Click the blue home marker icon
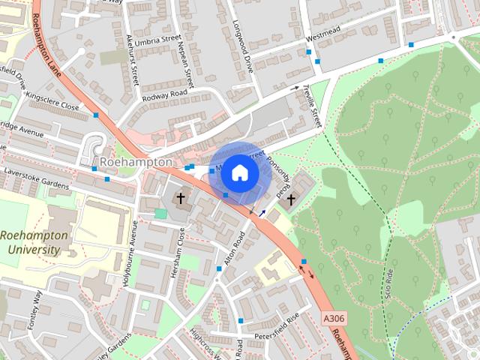pyautogui.click(x=239, y=172)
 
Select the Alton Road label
pyautogui.click(x=232, y=252)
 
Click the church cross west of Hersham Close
pyautogui.click(x=180, y=199)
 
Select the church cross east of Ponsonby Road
pyautogui.click(x=290, y=199)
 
